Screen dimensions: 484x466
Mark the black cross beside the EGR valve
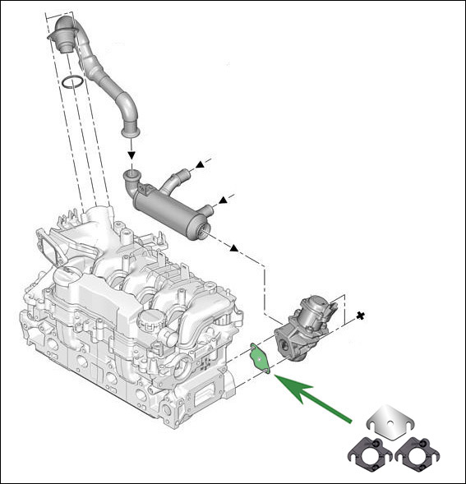click(x=360, y=315)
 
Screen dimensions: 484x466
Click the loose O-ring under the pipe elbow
click(x=72, y=81)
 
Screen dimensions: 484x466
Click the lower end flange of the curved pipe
click(x=130, y=129)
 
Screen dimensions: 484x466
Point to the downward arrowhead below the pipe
click(x=131, y=154)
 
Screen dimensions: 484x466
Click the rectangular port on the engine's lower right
click(x=201, y=403)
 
